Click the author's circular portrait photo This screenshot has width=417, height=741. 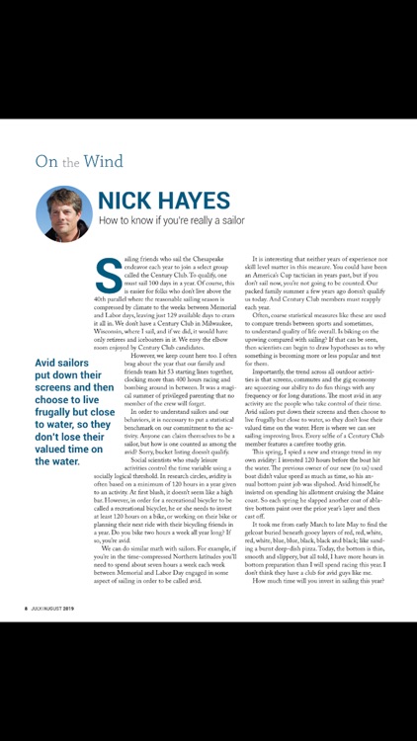pyautogui.click(x=64, y=213)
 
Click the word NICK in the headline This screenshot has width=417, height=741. pyautogui.click(x=134, y=202)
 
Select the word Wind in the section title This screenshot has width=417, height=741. pyautogui.click(x=104, y=161)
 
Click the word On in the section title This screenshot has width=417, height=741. pyautogui.click(x=45, y=161)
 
